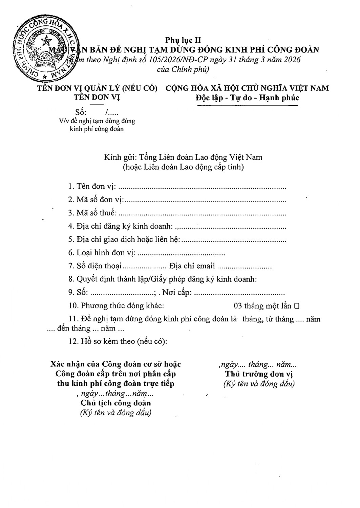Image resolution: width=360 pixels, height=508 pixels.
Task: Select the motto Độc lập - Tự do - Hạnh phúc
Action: point(247,98)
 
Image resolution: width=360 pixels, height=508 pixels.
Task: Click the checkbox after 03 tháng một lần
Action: point(297,306)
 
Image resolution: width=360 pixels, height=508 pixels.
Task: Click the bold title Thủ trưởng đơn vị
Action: point(259,374)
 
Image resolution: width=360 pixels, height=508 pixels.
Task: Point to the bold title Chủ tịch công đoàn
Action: point(116,403)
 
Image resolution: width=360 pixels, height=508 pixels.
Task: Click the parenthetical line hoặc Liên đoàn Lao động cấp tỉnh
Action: point(183,167)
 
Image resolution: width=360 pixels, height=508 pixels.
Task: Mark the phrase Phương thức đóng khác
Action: point(122,306)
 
